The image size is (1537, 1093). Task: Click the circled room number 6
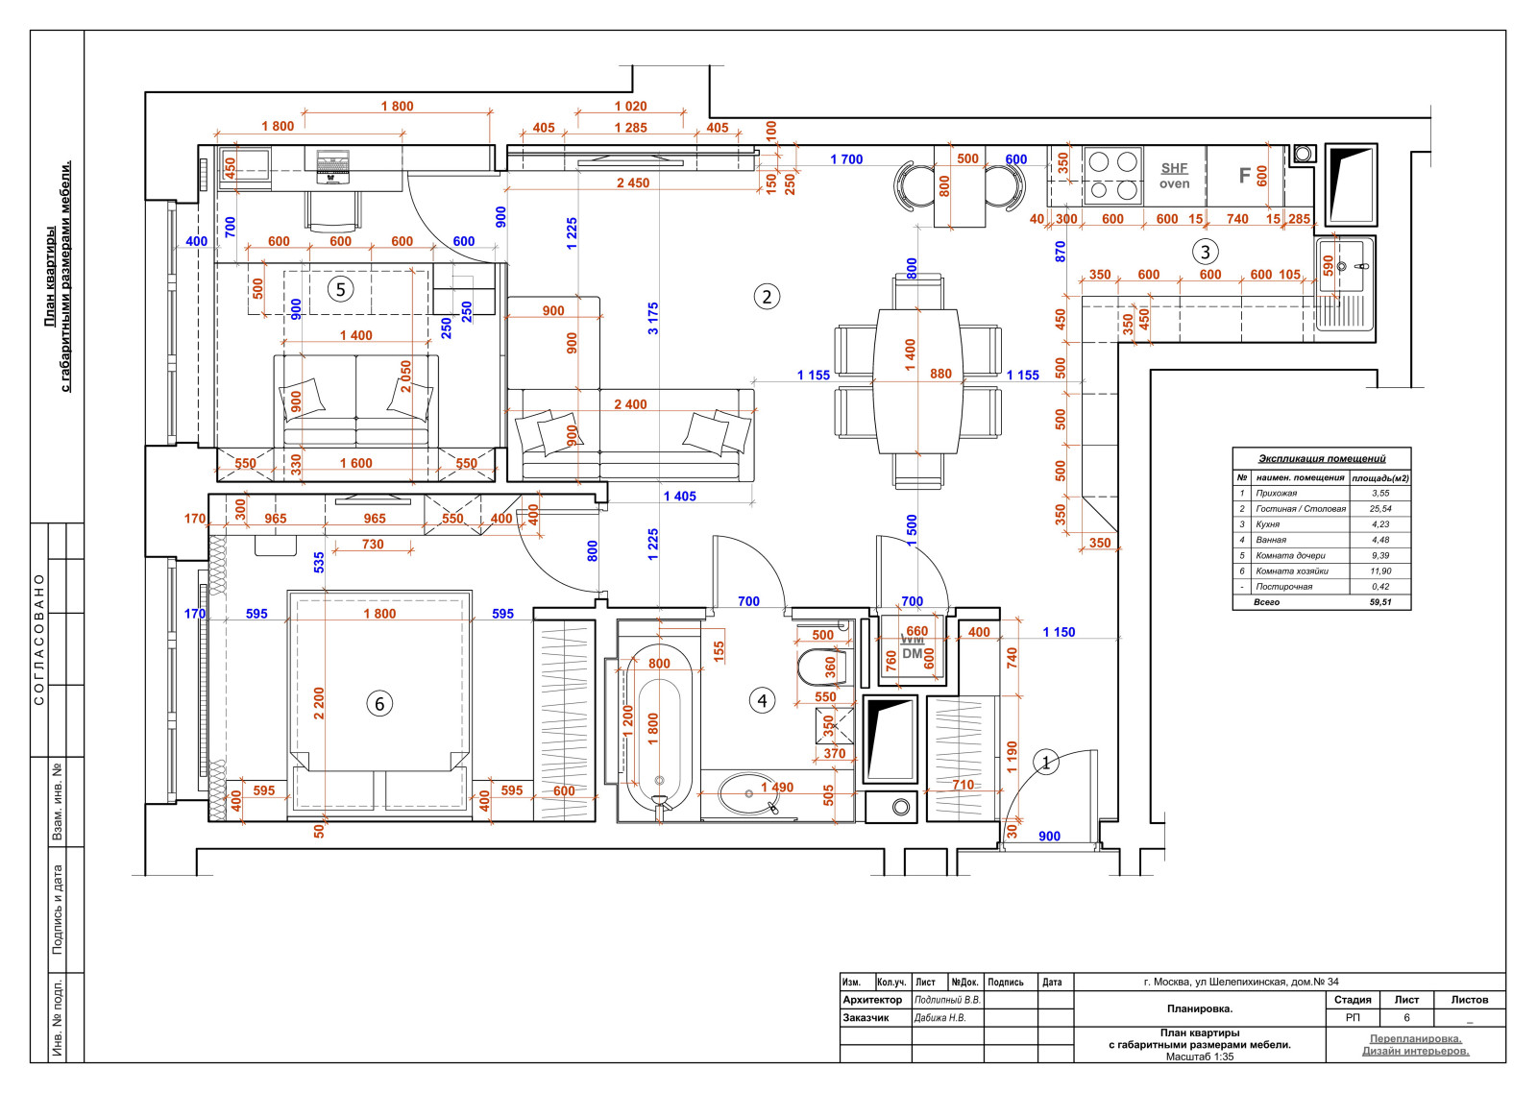(379, 704)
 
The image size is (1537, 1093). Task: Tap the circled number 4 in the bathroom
(762, 700)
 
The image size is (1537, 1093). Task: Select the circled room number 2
(766, 297)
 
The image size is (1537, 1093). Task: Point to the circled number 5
(340, 289)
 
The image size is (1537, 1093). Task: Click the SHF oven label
(1174, 176)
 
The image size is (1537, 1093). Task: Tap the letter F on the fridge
(1244, 176)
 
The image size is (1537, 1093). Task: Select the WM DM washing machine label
(912, 647)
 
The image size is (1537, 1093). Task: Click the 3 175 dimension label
(653, 318)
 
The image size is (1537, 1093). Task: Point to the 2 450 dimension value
(633, 182)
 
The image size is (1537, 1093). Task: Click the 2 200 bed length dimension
(319, 703)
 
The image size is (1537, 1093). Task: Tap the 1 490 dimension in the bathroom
(777, 788)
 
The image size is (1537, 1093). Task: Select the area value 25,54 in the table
(1380, 509)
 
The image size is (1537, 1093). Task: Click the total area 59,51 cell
(1380, 602)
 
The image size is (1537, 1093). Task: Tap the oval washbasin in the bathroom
(747, 793)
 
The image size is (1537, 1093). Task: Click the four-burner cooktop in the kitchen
(1112, 176)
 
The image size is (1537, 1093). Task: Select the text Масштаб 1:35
(1199, 1057)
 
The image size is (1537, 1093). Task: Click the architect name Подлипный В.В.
(947, 1000)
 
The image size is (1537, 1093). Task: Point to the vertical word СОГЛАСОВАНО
(39, 640)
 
